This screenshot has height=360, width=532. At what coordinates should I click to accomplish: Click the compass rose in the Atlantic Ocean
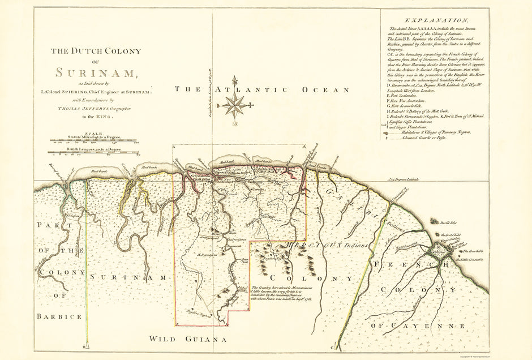[x=234, y=105]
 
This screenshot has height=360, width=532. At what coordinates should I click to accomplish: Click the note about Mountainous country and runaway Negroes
[x=281, y=296]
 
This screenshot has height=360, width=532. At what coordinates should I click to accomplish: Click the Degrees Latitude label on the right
[x=458, y=179]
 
